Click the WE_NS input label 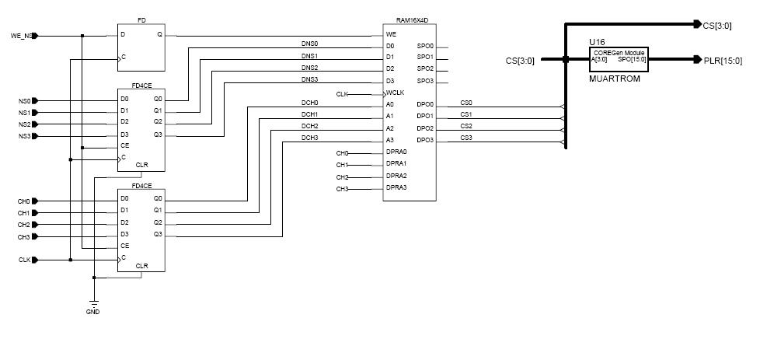click(21, 36)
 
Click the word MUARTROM click(608, 79)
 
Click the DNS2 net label click(309, 68)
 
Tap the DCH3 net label click(309, 138)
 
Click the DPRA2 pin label click(397, 176)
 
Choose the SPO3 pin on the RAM click(425, 81)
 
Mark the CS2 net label click(465, 125)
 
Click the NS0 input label click(24, 100)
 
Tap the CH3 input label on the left click(23, 236)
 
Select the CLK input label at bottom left click(24, 260)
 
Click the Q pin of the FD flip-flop click(159, 35)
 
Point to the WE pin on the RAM click(391, 35)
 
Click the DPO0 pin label click(425, 105)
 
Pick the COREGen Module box click(619, 56)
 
